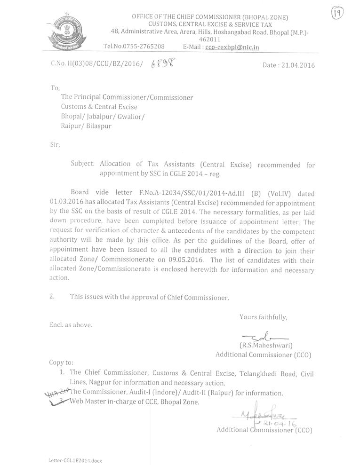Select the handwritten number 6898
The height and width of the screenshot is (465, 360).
coord(160,65)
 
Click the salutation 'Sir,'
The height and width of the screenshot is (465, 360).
coord(55,144)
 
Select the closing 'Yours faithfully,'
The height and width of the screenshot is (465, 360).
coord(263,317)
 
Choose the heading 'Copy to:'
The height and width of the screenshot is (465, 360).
coord(61,363)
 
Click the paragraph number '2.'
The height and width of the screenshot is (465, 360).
coord(53,297)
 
